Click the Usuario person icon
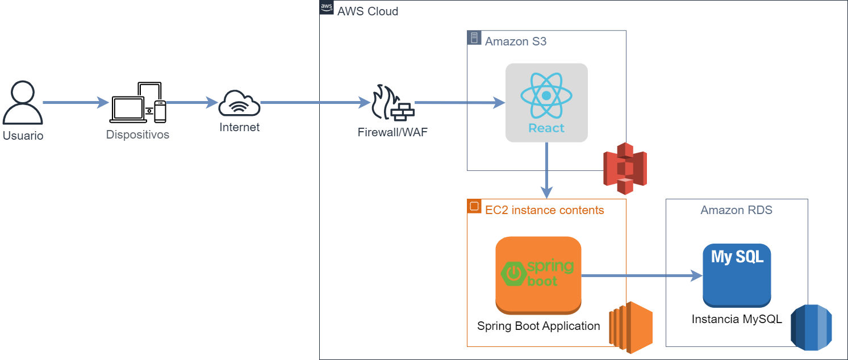(x=23, y=103)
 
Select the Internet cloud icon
(x=239, y=103)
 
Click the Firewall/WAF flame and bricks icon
(x=392, y=103)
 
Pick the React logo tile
(x=546, y=103)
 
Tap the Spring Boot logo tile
(x=538, y=275)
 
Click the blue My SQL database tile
(x=737, y=275)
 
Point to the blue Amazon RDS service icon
(x=811, y=328)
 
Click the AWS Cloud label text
(x=367, y=11)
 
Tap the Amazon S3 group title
(x=516, y=41)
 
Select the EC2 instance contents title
(x=544, y=210)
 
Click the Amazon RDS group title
(x=736, y=210)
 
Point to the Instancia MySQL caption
(x=737, y=319)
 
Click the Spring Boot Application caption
(x=538, y=326)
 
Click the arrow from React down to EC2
(x=547, y=168)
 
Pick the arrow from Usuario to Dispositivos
(x=76, y=103)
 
